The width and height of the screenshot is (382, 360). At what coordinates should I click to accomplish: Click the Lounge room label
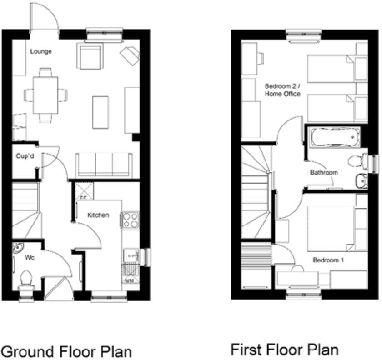[41, 51]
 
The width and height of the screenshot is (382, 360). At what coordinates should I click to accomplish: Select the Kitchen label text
[98, 215]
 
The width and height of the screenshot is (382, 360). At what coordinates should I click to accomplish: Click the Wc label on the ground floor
[30, 258]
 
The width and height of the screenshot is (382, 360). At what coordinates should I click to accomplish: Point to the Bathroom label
[324, 173]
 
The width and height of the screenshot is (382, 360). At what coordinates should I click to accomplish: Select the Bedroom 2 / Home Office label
[282, 90]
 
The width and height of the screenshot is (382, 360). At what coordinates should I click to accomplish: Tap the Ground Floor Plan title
[66, 351]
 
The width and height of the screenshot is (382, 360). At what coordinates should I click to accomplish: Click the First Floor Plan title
[285, 350]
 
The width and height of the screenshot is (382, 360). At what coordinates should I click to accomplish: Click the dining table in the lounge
[45, 95]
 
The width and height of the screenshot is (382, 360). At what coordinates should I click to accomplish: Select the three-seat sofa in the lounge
[104, 165]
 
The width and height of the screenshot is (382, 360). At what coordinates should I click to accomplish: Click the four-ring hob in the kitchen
[130, 220]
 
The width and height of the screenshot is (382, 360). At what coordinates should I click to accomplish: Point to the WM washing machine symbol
[129, 281]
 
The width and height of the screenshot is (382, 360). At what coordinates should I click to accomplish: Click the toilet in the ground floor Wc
[26, 280]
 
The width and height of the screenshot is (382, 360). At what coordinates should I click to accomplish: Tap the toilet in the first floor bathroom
[357, 160]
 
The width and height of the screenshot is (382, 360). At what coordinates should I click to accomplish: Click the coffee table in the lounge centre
[101, 112]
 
